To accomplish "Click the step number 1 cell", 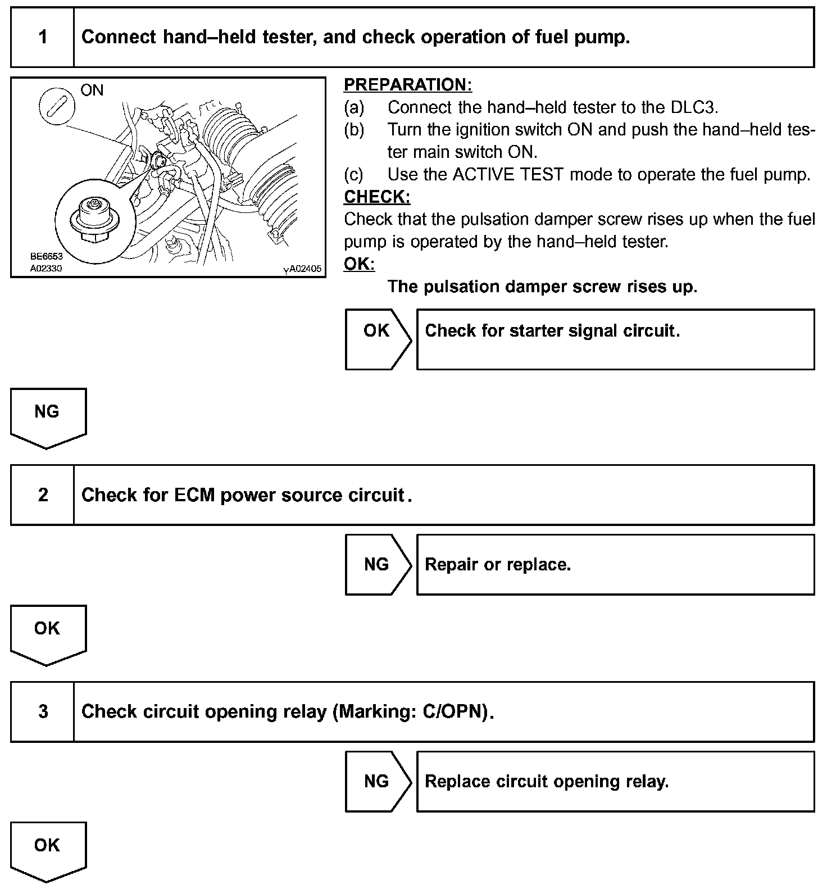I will (x=43, y=38).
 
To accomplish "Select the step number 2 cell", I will (x=43, y=495).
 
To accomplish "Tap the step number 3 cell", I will (x=43, y=712).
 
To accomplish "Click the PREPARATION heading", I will (x=408, y=85).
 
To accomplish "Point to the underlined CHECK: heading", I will (x=377, y=197).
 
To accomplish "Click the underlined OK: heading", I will (x=359, y=264).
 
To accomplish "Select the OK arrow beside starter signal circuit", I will (x=378, y=339).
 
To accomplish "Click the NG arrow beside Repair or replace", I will (x=378, y=564).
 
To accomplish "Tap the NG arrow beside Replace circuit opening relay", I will (x=378, y=781).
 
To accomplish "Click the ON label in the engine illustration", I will (x=92, y=90).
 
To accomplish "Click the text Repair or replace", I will (x=498, y=564).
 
